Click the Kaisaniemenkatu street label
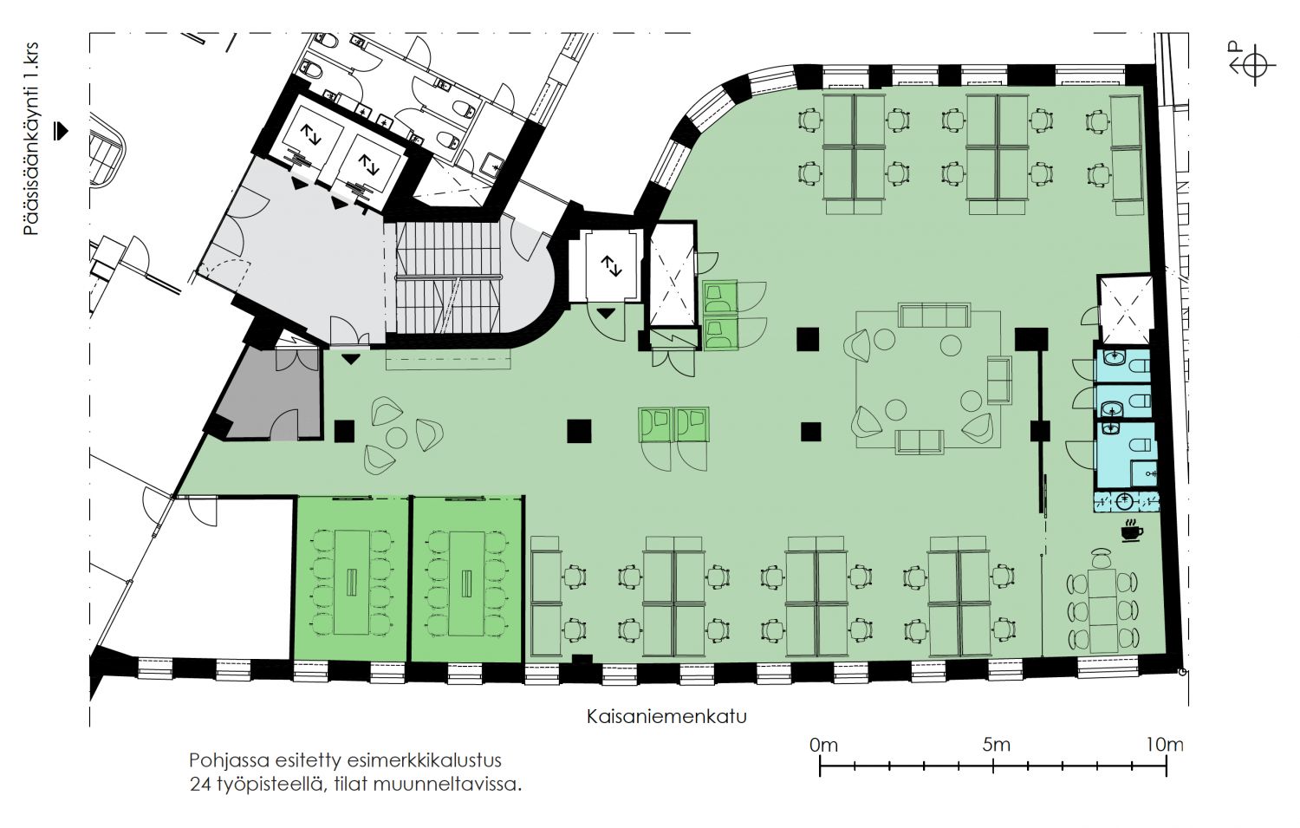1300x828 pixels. coord(666,716)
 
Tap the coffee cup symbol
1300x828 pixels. coord(1131,531)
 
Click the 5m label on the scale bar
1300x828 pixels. coord(996,745)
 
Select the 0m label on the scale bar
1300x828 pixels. coord(823,745)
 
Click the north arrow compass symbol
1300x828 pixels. coord(1252,65)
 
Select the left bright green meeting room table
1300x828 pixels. coord(352,582)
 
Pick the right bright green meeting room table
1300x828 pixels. coord(468,582)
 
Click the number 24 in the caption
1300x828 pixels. coord(200,785)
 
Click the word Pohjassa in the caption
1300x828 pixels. coord(226,760)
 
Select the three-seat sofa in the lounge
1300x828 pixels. coord(934,314)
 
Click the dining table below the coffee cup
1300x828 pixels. coord(1101,610)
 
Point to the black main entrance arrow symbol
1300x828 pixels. coord(61,132)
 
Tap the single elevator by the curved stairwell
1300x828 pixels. coord(609,265)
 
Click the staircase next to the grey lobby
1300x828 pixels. coord(447,277)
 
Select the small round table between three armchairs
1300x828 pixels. coord(397,437)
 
